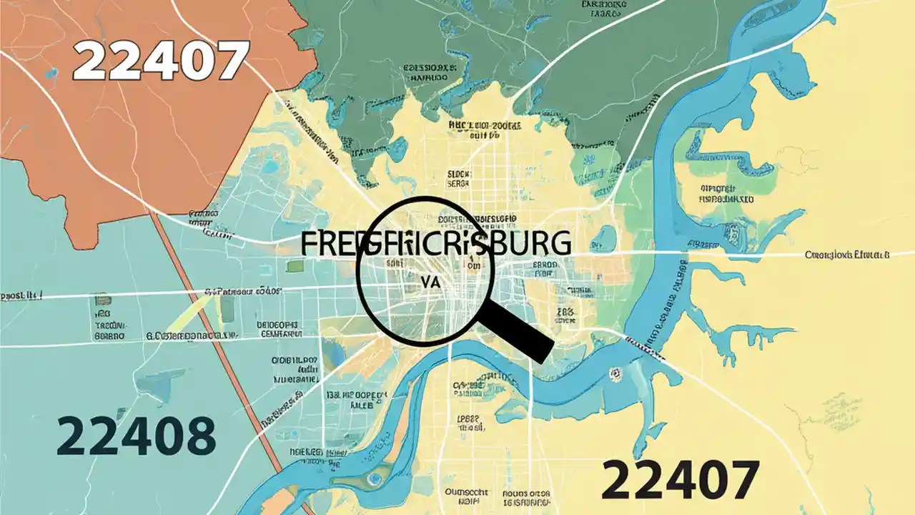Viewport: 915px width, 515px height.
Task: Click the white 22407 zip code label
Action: point(160,62)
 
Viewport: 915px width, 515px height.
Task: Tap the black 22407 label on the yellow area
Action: point(679,479)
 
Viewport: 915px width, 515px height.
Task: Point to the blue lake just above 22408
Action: point(154,386)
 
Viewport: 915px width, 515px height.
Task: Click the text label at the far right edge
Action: point(847,255)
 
